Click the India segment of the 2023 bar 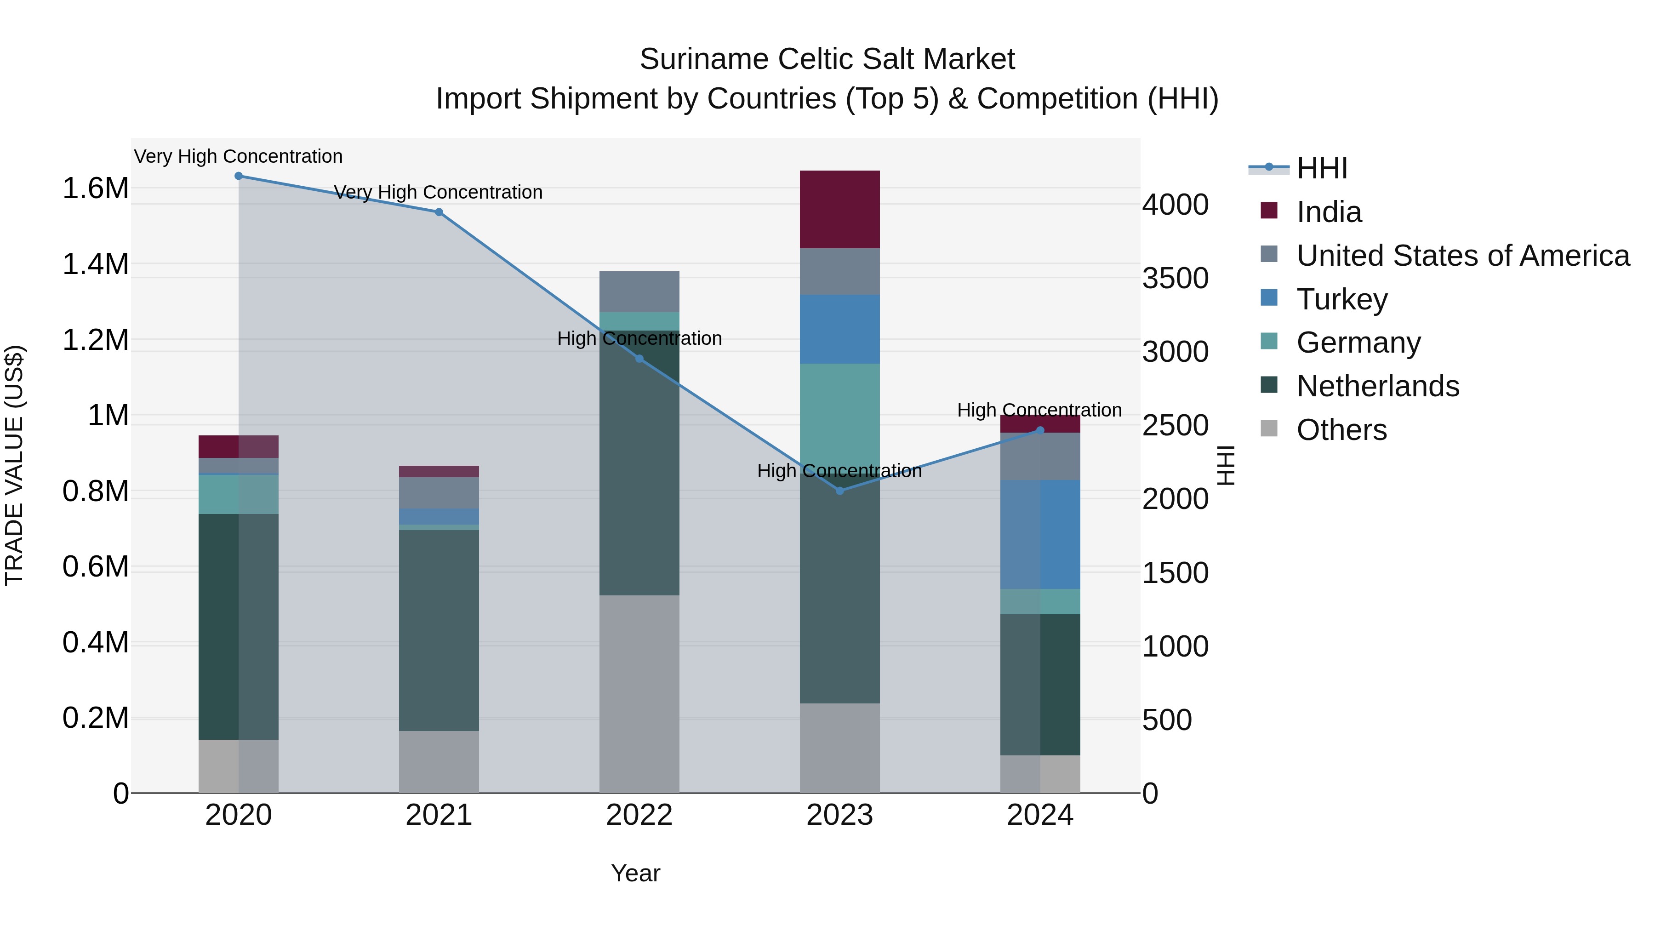[839, 210]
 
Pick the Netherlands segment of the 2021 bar [439, 630]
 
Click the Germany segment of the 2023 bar [839, 411]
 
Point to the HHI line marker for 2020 [238, 176]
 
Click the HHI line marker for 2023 [839, 491]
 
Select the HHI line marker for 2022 [639, 359]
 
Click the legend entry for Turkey [1341, 299]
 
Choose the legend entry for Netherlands [1377, 386]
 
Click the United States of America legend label [1462, 256]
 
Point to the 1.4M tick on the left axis [95, 264]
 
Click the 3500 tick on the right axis [1175, 279]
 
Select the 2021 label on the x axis [439, 815]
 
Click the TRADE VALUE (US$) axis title [14, 465]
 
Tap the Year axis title [635, 873]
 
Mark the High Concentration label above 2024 [1039, 410]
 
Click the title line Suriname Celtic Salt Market [827, 59]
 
